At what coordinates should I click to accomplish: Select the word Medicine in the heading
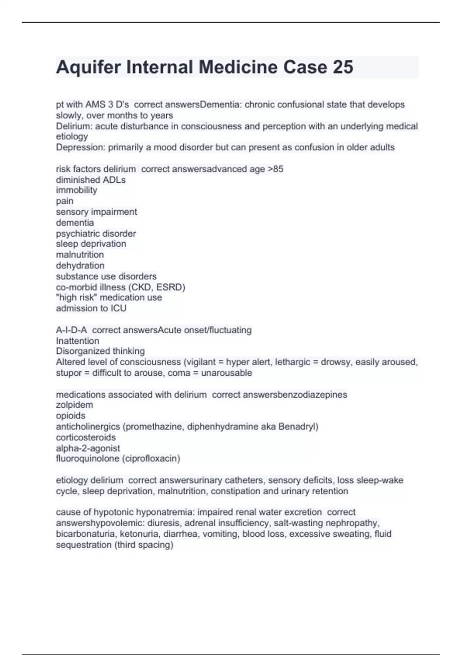[238, 67]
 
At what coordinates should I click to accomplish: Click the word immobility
[77, 190]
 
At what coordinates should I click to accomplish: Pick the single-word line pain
[65, 201]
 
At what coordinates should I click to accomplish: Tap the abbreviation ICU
[119, 309]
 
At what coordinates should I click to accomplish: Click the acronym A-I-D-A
[72, 330]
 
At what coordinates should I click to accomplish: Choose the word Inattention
[77, 341]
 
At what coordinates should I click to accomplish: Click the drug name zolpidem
[74, 405]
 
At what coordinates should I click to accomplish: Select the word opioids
[70, 416]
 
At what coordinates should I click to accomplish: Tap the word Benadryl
[297, 427]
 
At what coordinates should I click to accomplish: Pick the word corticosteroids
[86, 438]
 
